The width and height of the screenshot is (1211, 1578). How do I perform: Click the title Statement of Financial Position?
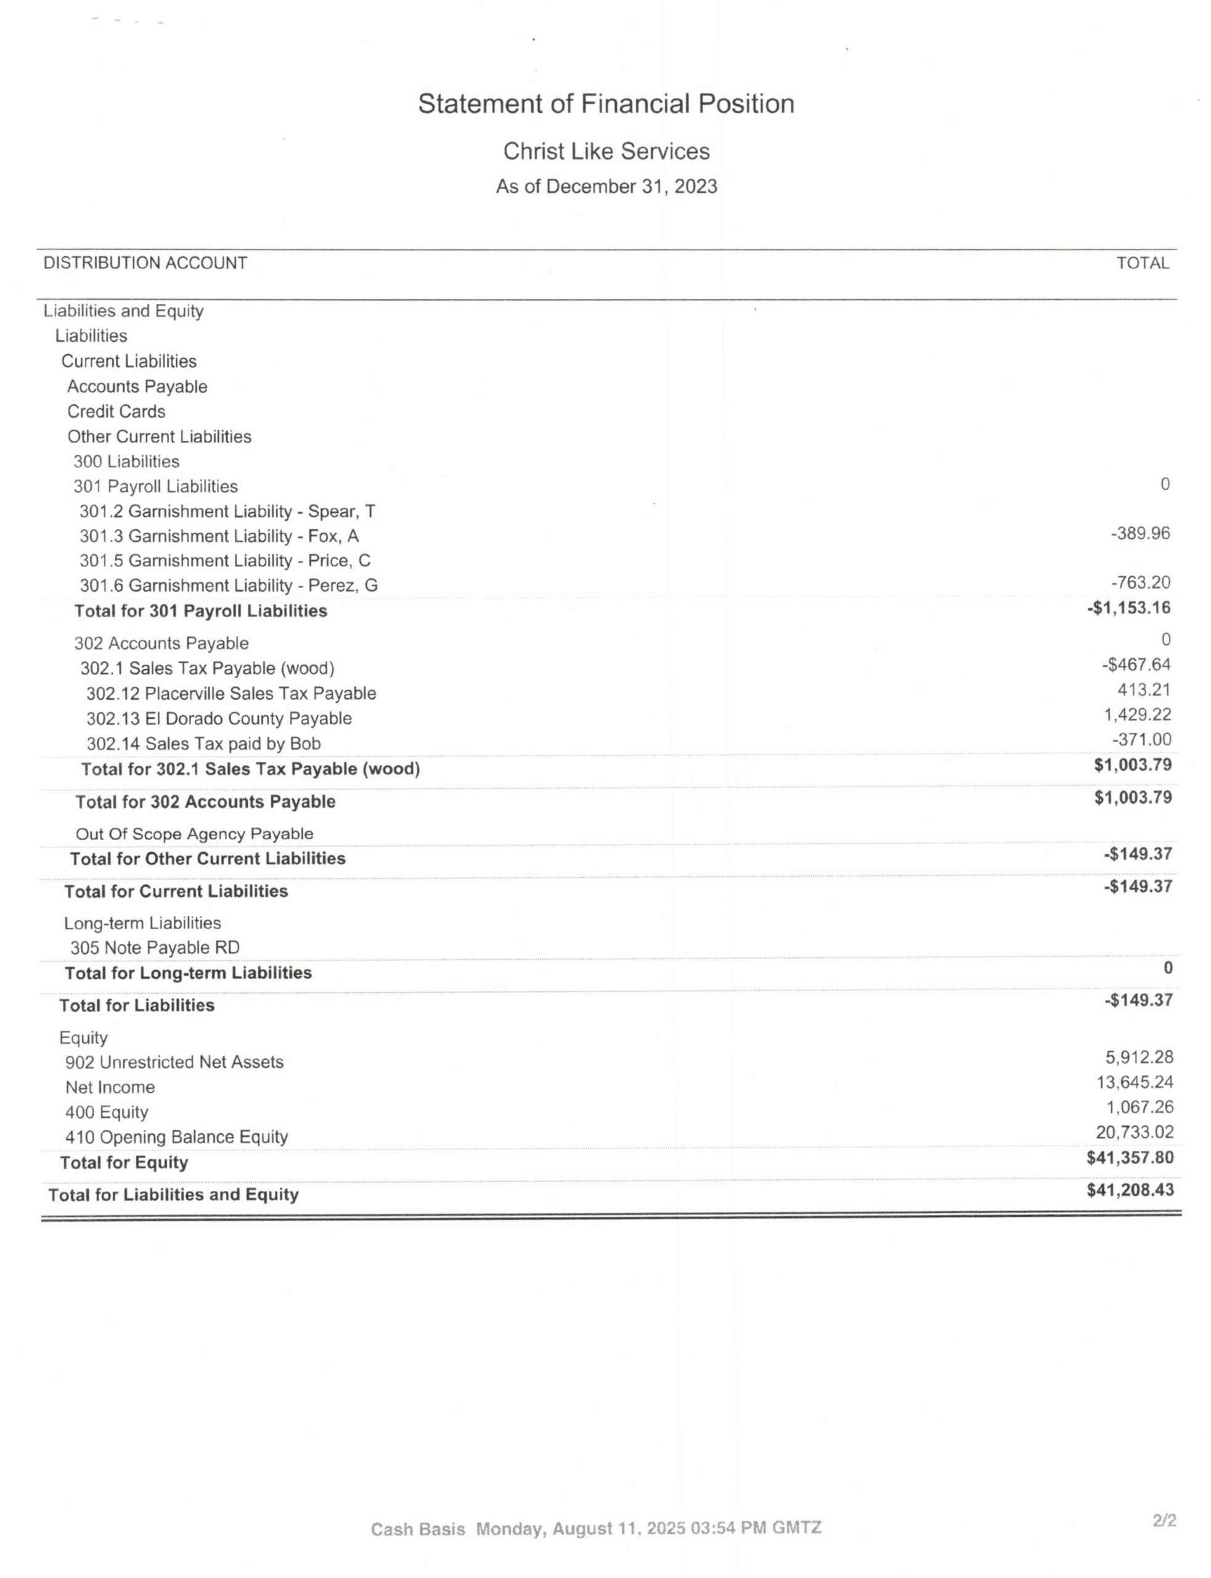coord(605,104)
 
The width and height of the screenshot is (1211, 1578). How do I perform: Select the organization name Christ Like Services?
coord(605,152)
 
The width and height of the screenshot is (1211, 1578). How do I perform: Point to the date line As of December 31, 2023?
coord(605,187)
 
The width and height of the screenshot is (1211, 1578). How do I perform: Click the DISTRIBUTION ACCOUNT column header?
coord(145,263)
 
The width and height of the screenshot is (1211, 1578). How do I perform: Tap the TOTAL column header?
coord(1143,263)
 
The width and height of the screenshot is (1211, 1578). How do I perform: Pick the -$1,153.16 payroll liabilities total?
coord(1129,608)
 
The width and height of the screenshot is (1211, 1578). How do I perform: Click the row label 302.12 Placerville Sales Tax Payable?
coord(230,693)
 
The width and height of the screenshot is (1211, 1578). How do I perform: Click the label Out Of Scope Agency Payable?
coord(194,834)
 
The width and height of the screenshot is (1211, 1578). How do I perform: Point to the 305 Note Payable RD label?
coord(154,948)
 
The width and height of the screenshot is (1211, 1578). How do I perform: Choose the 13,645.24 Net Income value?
coord(1135,1082)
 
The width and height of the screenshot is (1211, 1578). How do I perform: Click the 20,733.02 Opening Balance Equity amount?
coord(1135,1132)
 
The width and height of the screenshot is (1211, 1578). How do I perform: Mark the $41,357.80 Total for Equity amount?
coord(1130,1158)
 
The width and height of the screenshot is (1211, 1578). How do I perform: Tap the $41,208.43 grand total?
coord(1130,1190)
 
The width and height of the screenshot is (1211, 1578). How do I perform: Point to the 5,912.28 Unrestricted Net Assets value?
coord(1139,1058)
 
